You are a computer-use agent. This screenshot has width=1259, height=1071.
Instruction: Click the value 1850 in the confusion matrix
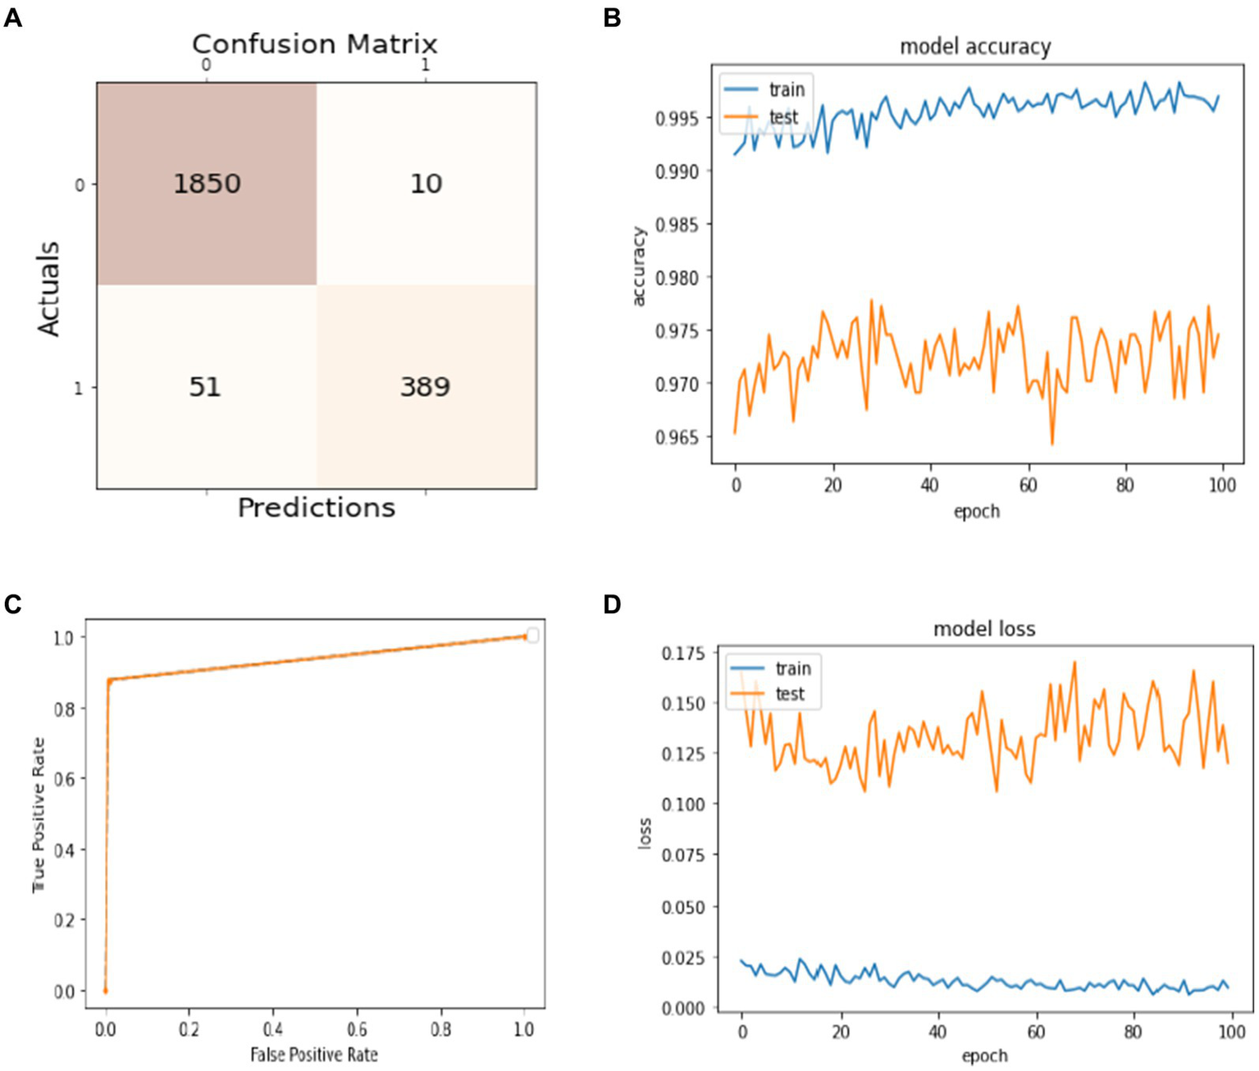click(207, 183)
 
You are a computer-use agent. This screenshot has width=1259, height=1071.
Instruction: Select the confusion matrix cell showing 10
click(426, 183)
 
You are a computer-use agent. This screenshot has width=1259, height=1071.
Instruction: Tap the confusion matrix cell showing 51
click(205, 386)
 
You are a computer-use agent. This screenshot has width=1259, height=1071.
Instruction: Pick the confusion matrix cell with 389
click(425, 386)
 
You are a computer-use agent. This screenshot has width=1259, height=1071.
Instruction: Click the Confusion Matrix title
click(315, 43)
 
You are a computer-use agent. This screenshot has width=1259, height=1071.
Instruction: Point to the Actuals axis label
click(48, 289)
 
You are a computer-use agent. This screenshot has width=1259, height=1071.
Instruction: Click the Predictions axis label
click(316, 508)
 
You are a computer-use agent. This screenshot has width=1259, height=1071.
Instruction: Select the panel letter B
click(612, 17)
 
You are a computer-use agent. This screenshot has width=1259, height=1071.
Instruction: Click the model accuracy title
click(974, 47)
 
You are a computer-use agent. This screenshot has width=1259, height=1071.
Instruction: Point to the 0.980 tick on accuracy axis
click(678, 278)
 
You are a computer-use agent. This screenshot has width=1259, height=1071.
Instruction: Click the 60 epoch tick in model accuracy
click(1027, 485)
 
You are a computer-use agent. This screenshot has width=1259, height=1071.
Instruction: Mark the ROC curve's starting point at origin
click(105, 991)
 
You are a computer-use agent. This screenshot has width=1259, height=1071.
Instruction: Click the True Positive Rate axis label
click(39, 814)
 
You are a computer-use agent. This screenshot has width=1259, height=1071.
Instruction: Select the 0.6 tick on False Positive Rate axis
click(356, 1029)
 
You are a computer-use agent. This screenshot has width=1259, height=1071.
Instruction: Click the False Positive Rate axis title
click(314, 1055)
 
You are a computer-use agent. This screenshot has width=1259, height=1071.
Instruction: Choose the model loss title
click(983, 629)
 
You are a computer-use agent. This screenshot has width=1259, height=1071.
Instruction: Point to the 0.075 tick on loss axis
click(682, 855)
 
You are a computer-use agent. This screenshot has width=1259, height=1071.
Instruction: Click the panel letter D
click(612, 604)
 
